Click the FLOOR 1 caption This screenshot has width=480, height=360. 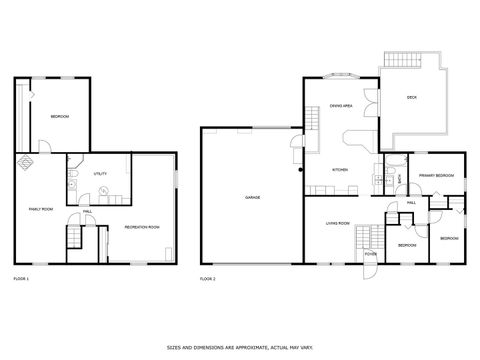pyautogui.click(x=21, y=277)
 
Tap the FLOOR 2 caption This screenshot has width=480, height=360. pyautogui.click(x=208, y=277)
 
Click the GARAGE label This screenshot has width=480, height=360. pyautogui.click(x=253, y=197)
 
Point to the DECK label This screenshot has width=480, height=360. pyautogui.click(x=411, y=97)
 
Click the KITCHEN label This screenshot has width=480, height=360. pyautogui.click(x=341, y=169)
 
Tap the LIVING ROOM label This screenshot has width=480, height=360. pyautogui.click(x=338, y=223)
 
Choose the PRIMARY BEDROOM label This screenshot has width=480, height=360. pyautogui.click(x=438, y=176)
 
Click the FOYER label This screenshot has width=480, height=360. pyautogui.click(x=370, y=254)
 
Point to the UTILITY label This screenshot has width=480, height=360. pyautogui.click(x=100, y=174)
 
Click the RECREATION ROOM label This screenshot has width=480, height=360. pyautogui.click(x=142, y=227)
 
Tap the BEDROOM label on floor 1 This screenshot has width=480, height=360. pyautogui.click(x=59, y=117)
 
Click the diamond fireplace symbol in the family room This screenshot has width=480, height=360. pyautogui.click(x=23, y=160)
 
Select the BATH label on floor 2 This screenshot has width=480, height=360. pyautogui.click(x=398, y=179)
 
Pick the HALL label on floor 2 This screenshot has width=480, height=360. pyautogui.click(x=411, y=202)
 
